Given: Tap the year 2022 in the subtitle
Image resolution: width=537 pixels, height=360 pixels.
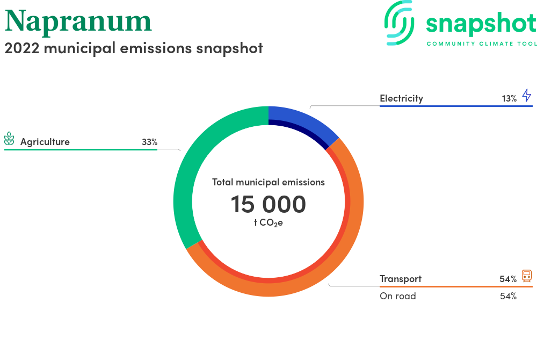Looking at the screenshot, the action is tap(22, 48).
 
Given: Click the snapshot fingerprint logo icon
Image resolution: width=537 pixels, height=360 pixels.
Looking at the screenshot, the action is tap(399, 23).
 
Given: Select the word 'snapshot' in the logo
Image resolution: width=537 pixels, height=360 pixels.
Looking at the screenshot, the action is tap(481, 24).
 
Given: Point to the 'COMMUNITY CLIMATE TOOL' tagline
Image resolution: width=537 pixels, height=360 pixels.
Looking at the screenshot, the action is tap(482, 44).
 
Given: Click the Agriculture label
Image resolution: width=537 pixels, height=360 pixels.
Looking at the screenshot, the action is tap(45, 142).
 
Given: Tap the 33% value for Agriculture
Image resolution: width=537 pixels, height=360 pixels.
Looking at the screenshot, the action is tap(150, 142).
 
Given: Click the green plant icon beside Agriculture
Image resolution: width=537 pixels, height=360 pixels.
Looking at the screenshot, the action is tap(9, 139).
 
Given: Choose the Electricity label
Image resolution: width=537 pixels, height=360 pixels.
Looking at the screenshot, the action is tap(401, 99).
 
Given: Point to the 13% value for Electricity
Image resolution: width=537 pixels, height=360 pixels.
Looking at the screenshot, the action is tap(509, 99).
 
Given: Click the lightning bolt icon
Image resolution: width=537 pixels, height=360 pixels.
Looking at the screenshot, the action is tap(527, 95).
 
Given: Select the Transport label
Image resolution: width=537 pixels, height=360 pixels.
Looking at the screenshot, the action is tap(401, 279).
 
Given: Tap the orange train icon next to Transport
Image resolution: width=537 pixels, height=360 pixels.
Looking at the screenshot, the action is tap(527, 276).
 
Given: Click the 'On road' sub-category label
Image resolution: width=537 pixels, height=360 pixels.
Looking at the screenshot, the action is tap(397, 296).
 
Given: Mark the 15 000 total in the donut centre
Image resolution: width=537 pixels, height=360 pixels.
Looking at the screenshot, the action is tap(268, 204).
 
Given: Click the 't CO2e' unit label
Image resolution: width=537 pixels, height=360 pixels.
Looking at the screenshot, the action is tap(268, 223).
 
